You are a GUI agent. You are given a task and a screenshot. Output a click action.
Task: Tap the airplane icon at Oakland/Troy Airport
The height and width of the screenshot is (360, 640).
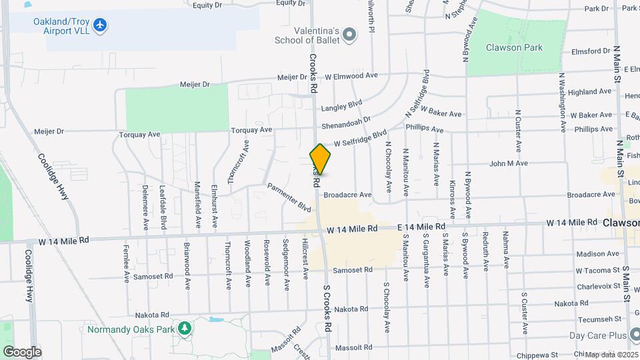click(x=101, y=25)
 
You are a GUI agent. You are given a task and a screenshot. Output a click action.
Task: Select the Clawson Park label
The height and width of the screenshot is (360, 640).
click(x=515, y=48)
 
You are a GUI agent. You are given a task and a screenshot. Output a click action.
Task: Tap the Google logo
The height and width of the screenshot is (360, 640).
click(x=22, y=351)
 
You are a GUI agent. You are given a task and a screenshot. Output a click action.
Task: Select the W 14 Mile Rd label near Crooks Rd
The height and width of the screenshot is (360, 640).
click(x=352, y=229)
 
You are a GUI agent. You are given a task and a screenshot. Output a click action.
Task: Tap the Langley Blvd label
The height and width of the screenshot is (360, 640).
click(x=341, y=105)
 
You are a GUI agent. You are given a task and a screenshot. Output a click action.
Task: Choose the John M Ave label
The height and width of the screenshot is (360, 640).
click(x=509, y=163)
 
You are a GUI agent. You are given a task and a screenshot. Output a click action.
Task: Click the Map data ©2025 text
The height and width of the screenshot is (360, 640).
click(x=611, y=355)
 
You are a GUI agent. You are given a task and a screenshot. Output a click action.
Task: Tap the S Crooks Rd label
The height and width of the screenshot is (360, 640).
click(x=327, y=310)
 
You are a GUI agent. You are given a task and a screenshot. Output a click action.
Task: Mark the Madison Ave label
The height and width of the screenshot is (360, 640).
click(x=593, y=254)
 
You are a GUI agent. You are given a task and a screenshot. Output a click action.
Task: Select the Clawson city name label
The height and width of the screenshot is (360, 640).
click(x=622, y=223)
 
